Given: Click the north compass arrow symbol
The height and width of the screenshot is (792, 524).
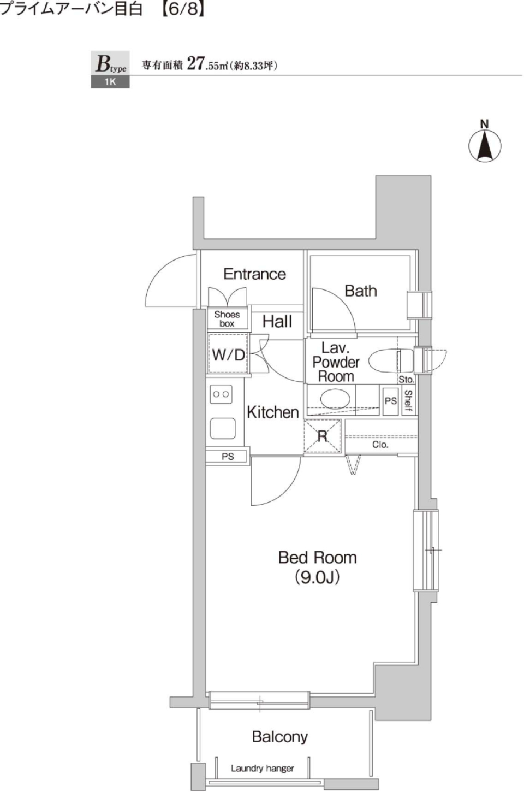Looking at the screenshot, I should click(x=485, y=145).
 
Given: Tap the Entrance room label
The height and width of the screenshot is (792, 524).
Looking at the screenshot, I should click(x=254, y=274).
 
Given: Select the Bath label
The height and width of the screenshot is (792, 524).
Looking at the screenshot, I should click(x=361, y=291).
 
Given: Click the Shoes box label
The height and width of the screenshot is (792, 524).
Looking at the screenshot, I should click(x=227, y=319).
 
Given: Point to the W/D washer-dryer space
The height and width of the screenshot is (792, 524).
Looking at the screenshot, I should click(x=228, y=355).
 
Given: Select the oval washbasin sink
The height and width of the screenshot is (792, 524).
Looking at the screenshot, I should click(x=335, y=399).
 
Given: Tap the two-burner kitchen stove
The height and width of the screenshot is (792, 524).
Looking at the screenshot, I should click(x=221, y=394).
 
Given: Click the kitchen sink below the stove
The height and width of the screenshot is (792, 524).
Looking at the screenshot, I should click(x=223, y=428).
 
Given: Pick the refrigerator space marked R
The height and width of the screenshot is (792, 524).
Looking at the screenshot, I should click(x=323, y=436).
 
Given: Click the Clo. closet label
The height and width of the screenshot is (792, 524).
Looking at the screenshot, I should click(x=380, y=445).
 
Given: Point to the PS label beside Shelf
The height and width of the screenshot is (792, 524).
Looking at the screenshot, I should click(x=391, y=401).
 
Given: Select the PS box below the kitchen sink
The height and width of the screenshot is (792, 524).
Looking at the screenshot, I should click(x=228, y=456).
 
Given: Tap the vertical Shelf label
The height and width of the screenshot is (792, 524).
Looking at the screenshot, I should click(x=408, y=401).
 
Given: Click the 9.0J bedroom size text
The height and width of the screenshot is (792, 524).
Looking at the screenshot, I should click(x=317, y=577).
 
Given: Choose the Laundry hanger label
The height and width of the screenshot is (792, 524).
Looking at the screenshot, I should click(x=262, y=769).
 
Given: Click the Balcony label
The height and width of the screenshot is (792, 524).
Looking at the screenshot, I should click(x=279, y=737).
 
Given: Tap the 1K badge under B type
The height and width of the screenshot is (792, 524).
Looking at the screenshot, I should click(x=110, y=82).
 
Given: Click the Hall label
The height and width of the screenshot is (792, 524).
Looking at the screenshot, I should click(x=277, y=322).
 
